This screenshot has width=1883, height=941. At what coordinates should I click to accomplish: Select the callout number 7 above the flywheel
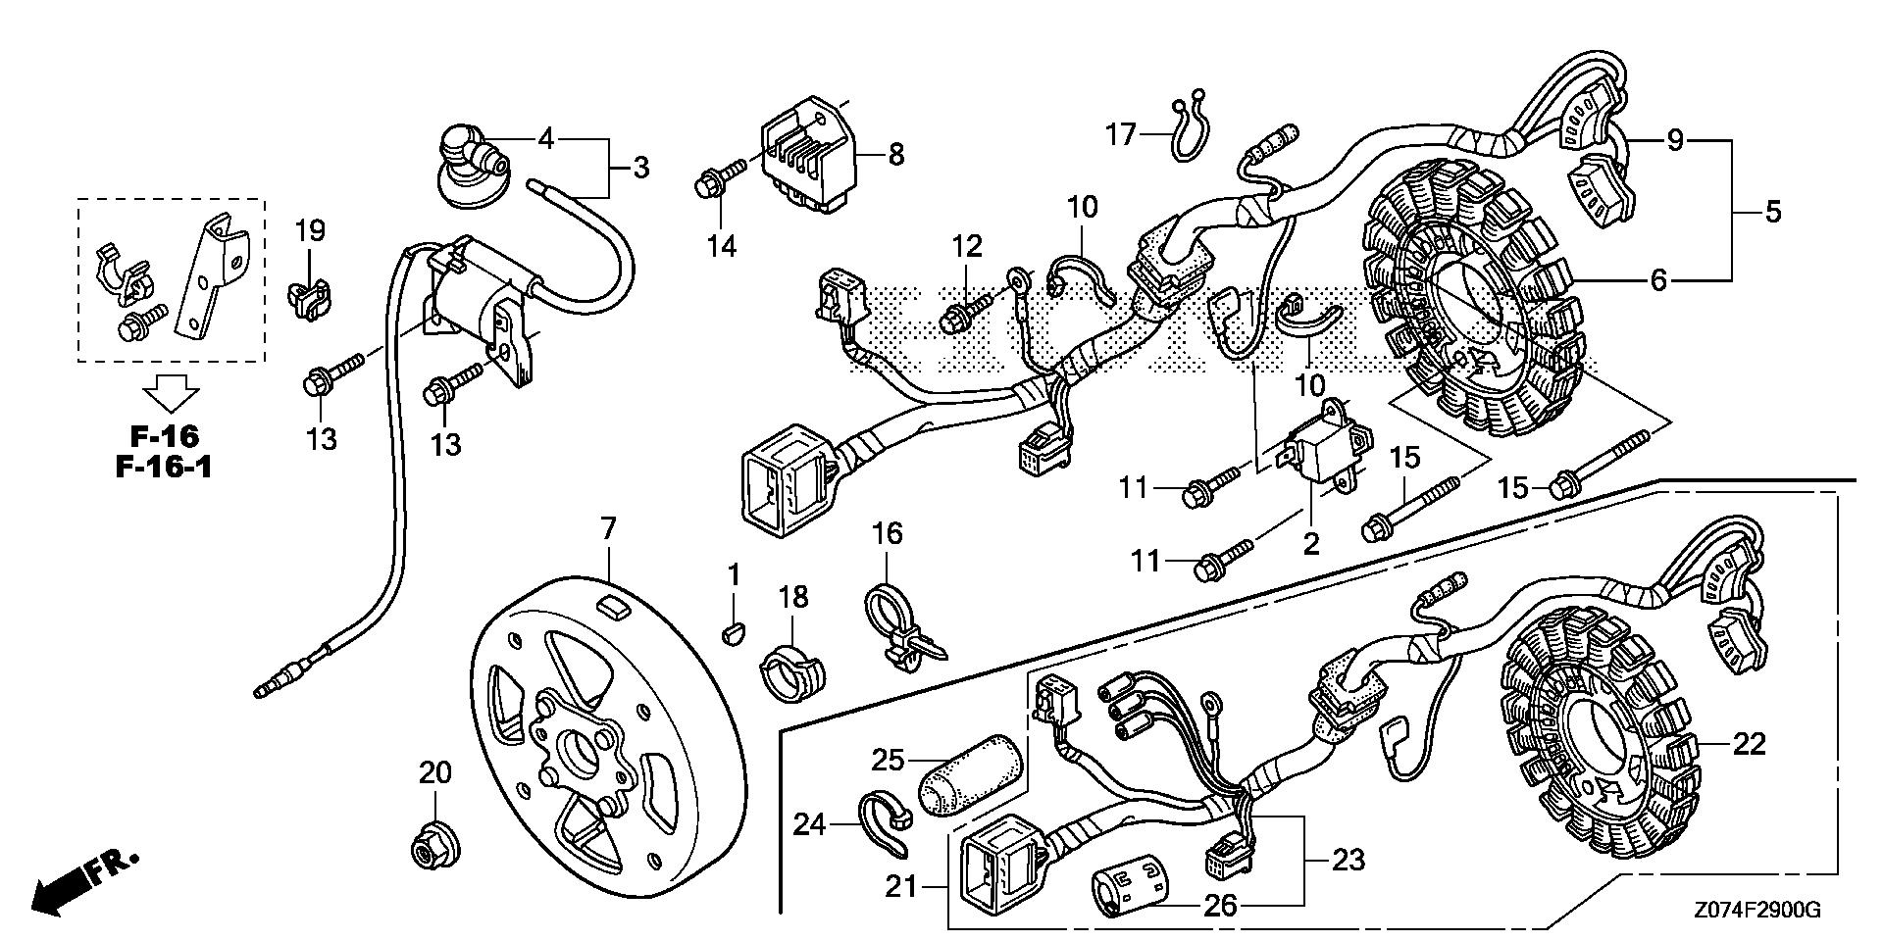608,529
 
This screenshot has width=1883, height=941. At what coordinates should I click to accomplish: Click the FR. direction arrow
83,877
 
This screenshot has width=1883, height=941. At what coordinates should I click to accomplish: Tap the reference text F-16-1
164,466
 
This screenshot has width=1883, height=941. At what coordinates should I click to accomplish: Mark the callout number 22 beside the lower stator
1749,744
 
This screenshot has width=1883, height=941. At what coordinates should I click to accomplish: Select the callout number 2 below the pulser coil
1311,544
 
